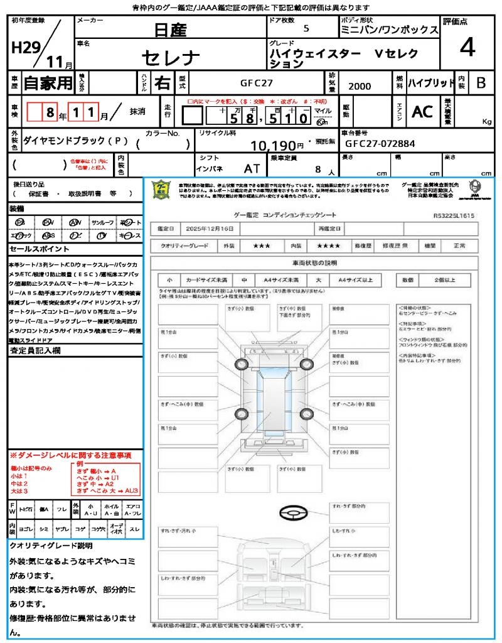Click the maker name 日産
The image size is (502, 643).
tap(170, 29)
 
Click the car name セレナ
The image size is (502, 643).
tap(170, 58)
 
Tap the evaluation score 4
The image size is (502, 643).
tap(467, 47)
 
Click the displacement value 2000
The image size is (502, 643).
tap(359, 86)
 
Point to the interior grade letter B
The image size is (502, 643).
tap(481, 83)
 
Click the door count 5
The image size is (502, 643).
tap(306, 28)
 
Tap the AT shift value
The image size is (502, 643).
tap(252, 168)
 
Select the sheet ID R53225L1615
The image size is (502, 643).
tap(454, 215)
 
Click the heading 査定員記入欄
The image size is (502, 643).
tap(35, 351)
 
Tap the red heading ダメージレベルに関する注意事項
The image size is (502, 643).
tap(74, 454)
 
